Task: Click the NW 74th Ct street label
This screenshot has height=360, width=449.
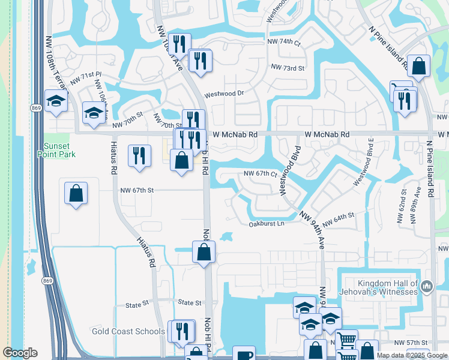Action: [283, 42]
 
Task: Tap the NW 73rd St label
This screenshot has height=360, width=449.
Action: [288, 68]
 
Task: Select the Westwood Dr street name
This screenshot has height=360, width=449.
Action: [224, 94]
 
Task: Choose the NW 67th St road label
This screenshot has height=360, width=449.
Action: [137, 190]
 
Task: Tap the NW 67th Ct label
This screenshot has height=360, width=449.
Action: [259, 174]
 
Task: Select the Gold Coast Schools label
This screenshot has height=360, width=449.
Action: [128, 331]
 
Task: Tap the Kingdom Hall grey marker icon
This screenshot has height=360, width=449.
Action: [427, 287]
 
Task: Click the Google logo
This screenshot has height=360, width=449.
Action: [20, 353]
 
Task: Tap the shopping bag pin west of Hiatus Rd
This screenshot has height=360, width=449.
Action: [76, 194]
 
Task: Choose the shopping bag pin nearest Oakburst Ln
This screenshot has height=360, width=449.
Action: [204, 252]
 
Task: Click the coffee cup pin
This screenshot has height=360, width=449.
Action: [243, 355]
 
